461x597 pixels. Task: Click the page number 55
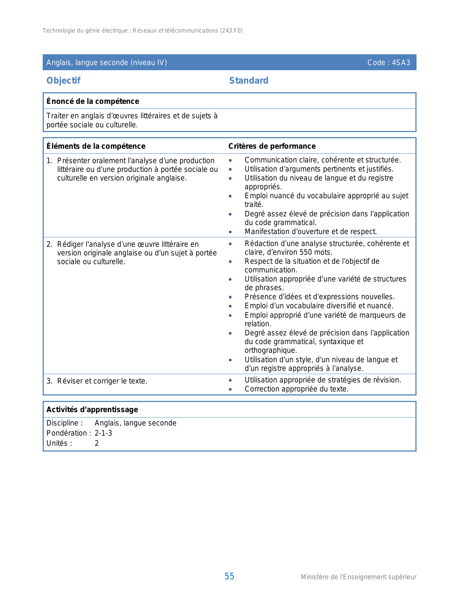click(229, 576)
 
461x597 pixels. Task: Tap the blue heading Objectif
click(63, 80)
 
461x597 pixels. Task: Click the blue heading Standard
click(249, 80)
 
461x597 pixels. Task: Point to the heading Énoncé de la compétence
click(93, 101)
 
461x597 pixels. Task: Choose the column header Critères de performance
click(272, 146)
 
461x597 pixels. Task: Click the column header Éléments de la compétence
click(96, 146)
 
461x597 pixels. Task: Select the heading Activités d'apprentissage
click(92, 410)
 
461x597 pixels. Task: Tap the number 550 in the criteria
click(306, 252)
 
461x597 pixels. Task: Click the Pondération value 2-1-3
click(103, 433)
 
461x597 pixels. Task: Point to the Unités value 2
click(97, 443)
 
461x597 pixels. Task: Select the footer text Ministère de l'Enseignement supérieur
click(359, 577)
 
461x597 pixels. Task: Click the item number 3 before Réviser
click(49, 381)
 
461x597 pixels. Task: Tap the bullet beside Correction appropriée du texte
click(230, 389)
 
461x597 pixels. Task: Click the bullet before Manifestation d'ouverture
click(230, 232)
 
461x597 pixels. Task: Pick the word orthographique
click(271, 350)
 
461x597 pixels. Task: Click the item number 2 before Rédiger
click(49, 244)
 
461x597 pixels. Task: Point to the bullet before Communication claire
click(230, 160)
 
